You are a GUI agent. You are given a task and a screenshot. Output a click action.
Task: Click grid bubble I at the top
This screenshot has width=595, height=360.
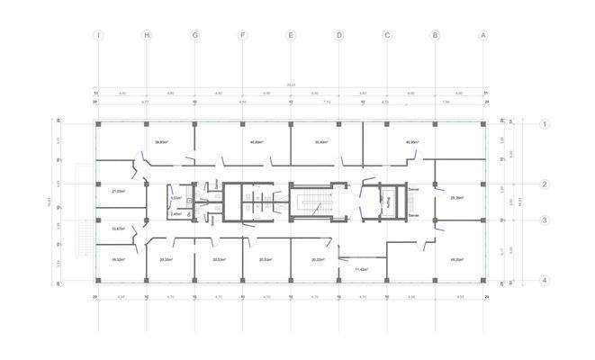tap(99, 36)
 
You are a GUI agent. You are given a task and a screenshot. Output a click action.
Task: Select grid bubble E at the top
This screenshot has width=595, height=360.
tap(291, 36)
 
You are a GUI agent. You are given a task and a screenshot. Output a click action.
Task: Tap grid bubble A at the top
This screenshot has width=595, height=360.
tap(483, 36)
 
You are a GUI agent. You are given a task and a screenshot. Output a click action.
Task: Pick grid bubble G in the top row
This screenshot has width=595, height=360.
tap(194, 36)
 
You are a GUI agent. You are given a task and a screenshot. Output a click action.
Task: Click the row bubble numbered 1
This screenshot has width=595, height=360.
tap(545, 124)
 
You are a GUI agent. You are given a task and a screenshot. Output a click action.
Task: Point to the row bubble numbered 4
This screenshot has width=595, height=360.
tap(545, 280)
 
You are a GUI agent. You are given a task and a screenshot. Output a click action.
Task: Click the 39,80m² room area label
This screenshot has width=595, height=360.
tap(163, 141)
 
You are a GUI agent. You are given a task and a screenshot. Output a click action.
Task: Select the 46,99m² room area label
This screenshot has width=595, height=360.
tap(413, 141)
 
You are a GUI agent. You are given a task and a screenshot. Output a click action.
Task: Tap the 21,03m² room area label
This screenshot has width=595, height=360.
tap(118, 191)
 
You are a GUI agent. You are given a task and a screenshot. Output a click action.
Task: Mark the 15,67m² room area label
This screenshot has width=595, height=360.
tap(118, 229)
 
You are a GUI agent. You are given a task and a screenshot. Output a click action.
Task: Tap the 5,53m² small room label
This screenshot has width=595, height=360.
tap(176, 198)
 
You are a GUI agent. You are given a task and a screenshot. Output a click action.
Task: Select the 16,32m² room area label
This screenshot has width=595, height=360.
tap(118, 259)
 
